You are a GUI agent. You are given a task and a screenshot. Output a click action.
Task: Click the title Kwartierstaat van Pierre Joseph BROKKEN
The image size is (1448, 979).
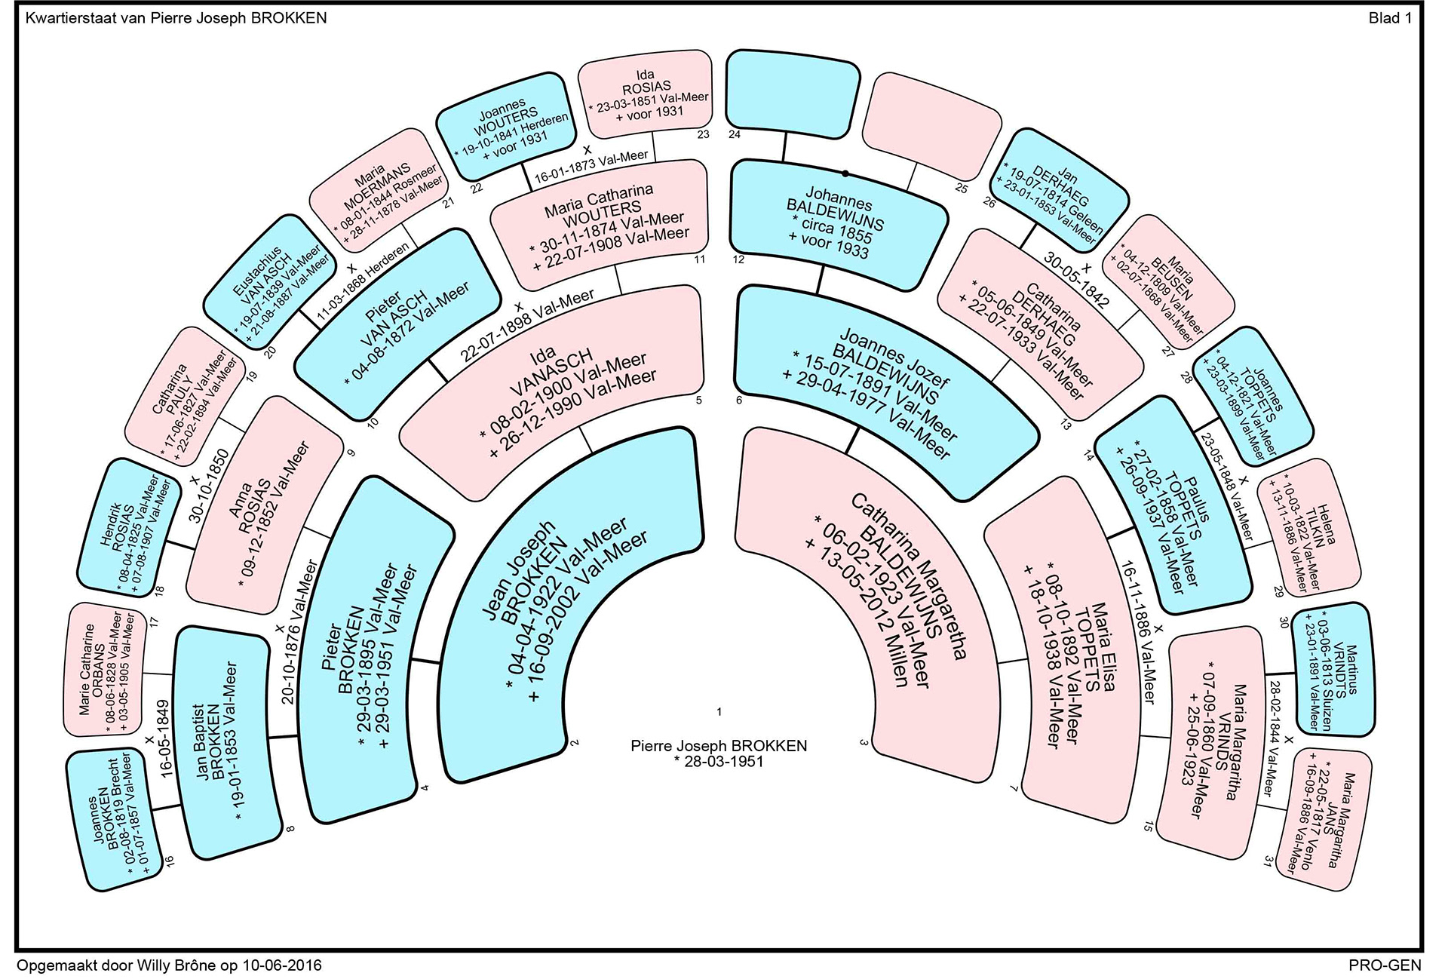pyautogui.click(x=176, y=18)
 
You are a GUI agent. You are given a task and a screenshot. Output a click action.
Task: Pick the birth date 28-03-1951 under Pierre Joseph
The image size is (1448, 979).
pyautogui.click(x=719, y=761)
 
